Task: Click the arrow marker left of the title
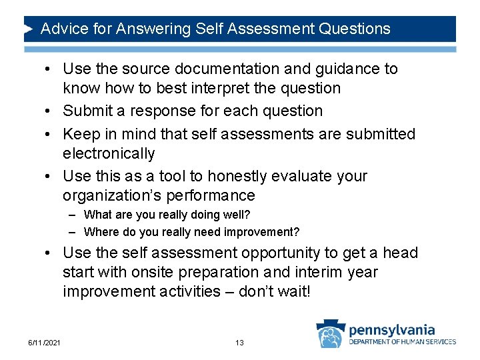29,29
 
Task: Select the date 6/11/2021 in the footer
45,343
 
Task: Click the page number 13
239,343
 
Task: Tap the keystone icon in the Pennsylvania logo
330,334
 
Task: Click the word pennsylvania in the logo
391,329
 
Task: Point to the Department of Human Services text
403,342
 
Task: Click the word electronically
109,154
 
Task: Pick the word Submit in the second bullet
85,111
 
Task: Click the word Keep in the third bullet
79,135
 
